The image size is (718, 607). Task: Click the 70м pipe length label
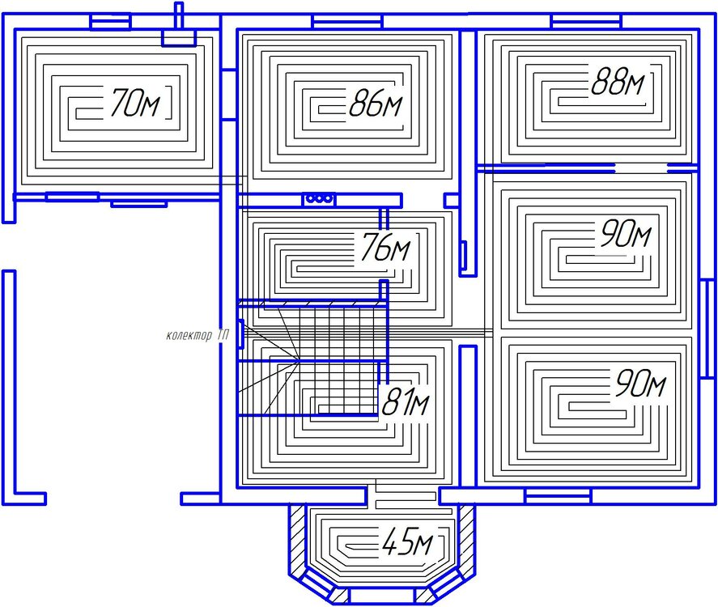point(134,103)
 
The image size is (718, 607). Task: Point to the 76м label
point(386,248)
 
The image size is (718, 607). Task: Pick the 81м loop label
point(406,401)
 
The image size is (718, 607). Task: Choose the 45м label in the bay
point(407,541)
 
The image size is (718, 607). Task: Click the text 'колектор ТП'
point(198,336)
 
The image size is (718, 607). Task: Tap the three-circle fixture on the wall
point(319,199)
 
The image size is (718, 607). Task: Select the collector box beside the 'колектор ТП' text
point(240,333)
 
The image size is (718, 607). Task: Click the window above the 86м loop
point(347,21)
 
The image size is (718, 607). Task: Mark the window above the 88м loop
point(587,21)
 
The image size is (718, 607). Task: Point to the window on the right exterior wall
point(707,329)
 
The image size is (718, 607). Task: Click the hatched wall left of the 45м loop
point(298,535)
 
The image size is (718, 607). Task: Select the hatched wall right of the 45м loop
point(466,535)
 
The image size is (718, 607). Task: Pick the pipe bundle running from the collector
point(367,333)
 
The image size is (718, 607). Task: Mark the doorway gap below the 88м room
point(641,168)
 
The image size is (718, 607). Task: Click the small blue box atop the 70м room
point(179,38)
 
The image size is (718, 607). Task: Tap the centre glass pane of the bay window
point(382,596)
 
